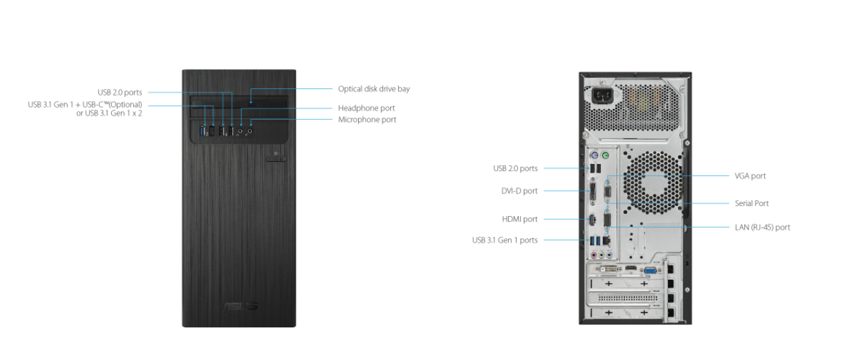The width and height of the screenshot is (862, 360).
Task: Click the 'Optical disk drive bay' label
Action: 373,89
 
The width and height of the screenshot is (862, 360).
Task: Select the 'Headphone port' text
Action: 366,108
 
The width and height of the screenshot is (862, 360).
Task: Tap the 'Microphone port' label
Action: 367,120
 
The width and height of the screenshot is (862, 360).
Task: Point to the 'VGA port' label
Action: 750,176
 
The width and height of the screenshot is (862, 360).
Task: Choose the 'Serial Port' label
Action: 752,203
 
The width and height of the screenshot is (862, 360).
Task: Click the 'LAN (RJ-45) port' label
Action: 762,228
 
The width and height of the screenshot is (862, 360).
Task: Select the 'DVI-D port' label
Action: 519,191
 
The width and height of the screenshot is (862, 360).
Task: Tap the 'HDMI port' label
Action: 519,219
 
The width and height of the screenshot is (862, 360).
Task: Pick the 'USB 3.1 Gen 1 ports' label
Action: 505,240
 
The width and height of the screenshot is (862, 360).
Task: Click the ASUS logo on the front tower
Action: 240,306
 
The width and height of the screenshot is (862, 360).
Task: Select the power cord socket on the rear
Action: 602,95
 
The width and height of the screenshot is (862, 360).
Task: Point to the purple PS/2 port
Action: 594,155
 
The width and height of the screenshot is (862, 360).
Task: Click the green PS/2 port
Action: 605,155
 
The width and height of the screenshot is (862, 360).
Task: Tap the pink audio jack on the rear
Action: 594,255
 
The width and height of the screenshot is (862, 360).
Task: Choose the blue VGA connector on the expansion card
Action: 650,270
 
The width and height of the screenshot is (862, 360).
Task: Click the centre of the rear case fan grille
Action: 653,183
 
